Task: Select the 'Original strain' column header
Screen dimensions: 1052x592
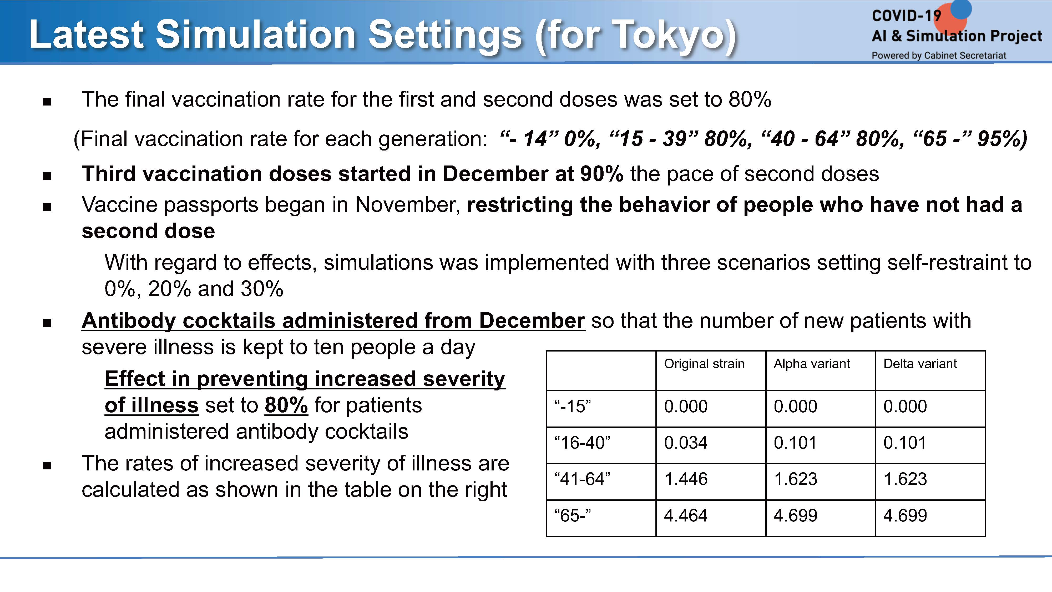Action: pyautogui.click(x=704, y=364)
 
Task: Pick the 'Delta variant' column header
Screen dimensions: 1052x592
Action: pyautogui.click(x=920, y=364)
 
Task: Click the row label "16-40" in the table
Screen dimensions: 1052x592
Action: pyautogui.click(x=582, y=443)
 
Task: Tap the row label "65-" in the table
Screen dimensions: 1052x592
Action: pyautogui.click(x=573, y=516)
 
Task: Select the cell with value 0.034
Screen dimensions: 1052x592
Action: pyautogui.click(x=686, y=443)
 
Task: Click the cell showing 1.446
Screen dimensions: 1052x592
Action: pyautogui.click(x=686, y=479)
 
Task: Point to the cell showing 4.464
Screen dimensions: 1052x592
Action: pyautogui.click(x=686, y=516)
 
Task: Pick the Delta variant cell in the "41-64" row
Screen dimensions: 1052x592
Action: pyautogui.click(x=905, y=479)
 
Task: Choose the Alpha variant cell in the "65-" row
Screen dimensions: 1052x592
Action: pyautogui.click(x=796, y=516)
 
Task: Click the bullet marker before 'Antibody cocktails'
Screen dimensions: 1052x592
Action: pyautogui.click(x=47, y=323)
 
